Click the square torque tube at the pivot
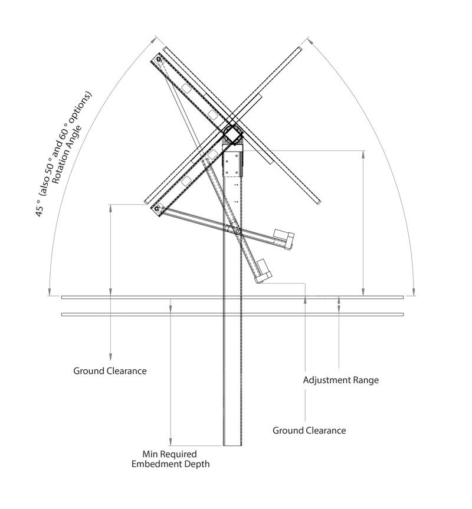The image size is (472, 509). tap(233, 134)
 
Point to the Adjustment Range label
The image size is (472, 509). tap(340, 380)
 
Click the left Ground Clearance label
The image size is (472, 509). tap(110, 371)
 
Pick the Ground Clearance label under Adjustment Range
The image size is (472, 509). tap(309, 430)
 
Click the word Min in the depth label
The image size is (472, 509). tap(151, 454)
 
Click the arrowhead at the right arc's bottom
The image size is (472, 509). tap(415, 291)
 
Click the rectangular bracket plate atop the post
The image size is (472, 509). tap(232, 162)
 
